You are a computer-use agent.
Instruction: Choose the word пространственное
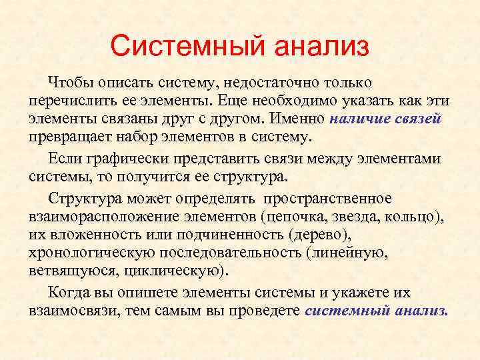click(x=328, y=199)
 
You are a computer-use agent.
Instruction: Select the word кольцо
click(x=415, y=217)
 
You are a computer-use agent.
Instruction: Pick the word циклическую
click(x=183, y=271)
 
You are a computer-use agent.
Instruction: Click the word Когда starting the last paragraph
click(x=69, y=293)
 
